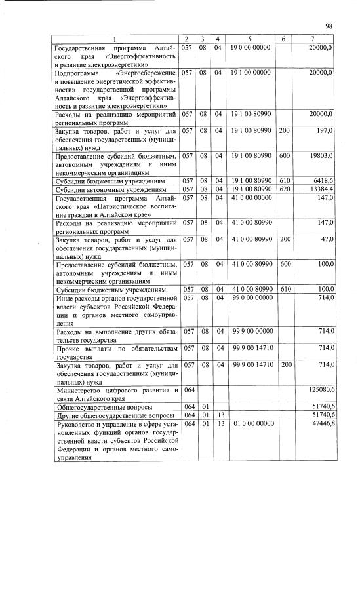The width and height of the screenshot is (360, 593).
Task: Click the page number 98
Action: pyautogui.click(x=329, y=26)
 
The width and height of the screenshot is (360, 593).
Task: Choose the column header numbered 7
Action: pyautogui.click(x=313, y=39)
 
